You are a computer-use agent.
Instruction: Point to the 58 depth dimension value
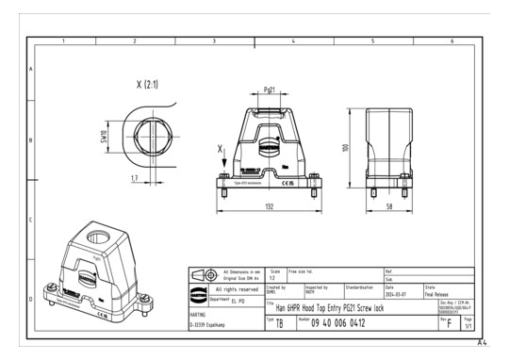390,205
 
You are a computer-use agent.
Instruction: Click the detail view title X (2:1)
147,85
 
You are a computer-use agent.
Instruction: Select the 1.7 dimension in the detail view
136,176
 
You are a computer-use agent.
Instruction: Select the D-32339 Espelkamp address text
212,326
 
